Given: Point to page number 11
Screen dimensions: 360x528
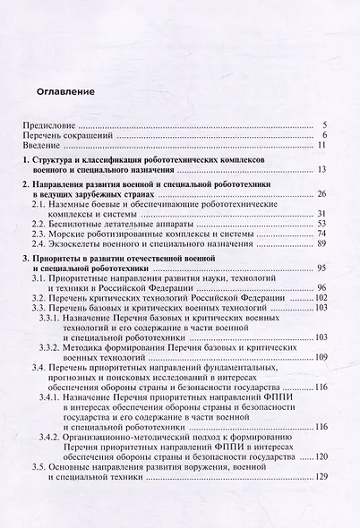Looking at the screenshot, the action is coord(331,145).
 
